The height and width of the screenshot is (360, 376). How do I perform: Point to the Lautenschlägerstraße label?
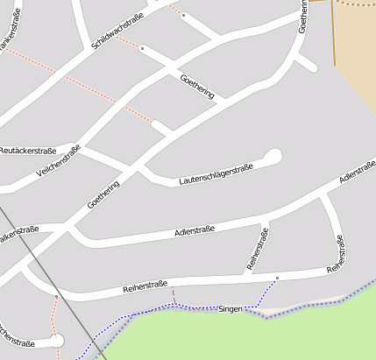[x=215, y=173]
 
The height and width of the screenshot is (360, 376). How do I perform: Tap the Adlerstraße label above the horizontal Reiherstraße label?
[x=195, y=232]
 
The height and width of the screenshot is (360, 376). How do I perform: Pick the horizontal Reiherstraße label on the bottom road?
[x=145, y=285]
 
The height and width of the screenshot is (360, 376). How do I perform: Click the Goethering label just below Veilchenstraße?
[x=103, y=194]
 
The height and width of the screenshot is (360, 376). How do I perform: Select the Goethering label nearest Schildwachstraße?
[x=196, y=86]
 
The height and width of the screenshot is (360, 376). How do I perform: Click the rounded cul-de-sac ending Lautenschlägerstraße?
[x=273, y=157]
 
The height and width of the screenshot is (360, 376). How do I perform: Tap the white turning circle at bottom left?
[x=57, y=340]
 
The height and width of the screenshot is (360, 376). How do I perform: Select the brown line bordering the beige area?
[x=333, y=35]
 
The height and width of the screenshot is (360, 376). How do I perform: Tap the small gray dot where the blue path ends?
[x=277, y=279]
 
